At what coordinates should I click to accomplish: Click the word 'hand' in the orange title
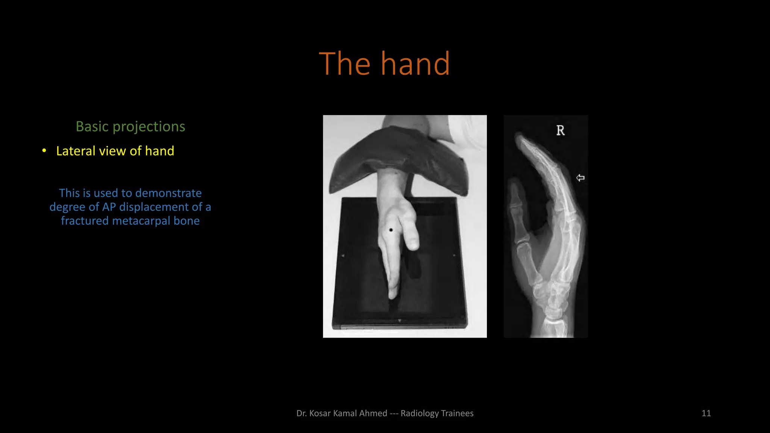[415, 64]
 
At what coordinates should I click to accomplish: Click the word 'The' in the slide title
[344, 64]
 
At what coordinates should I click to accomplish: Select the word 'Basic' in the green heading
[92, 127]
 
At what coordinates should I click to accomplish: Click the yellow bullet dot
[44, 151]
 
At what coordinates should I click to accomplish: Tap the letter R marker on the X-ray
[560, 130]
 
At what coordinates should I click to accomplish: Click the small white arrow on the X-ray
[580, 178]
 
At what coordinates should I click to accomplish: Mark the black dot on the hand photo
[391, 230]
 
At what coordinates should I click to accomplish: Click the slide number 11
[706, 413]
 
